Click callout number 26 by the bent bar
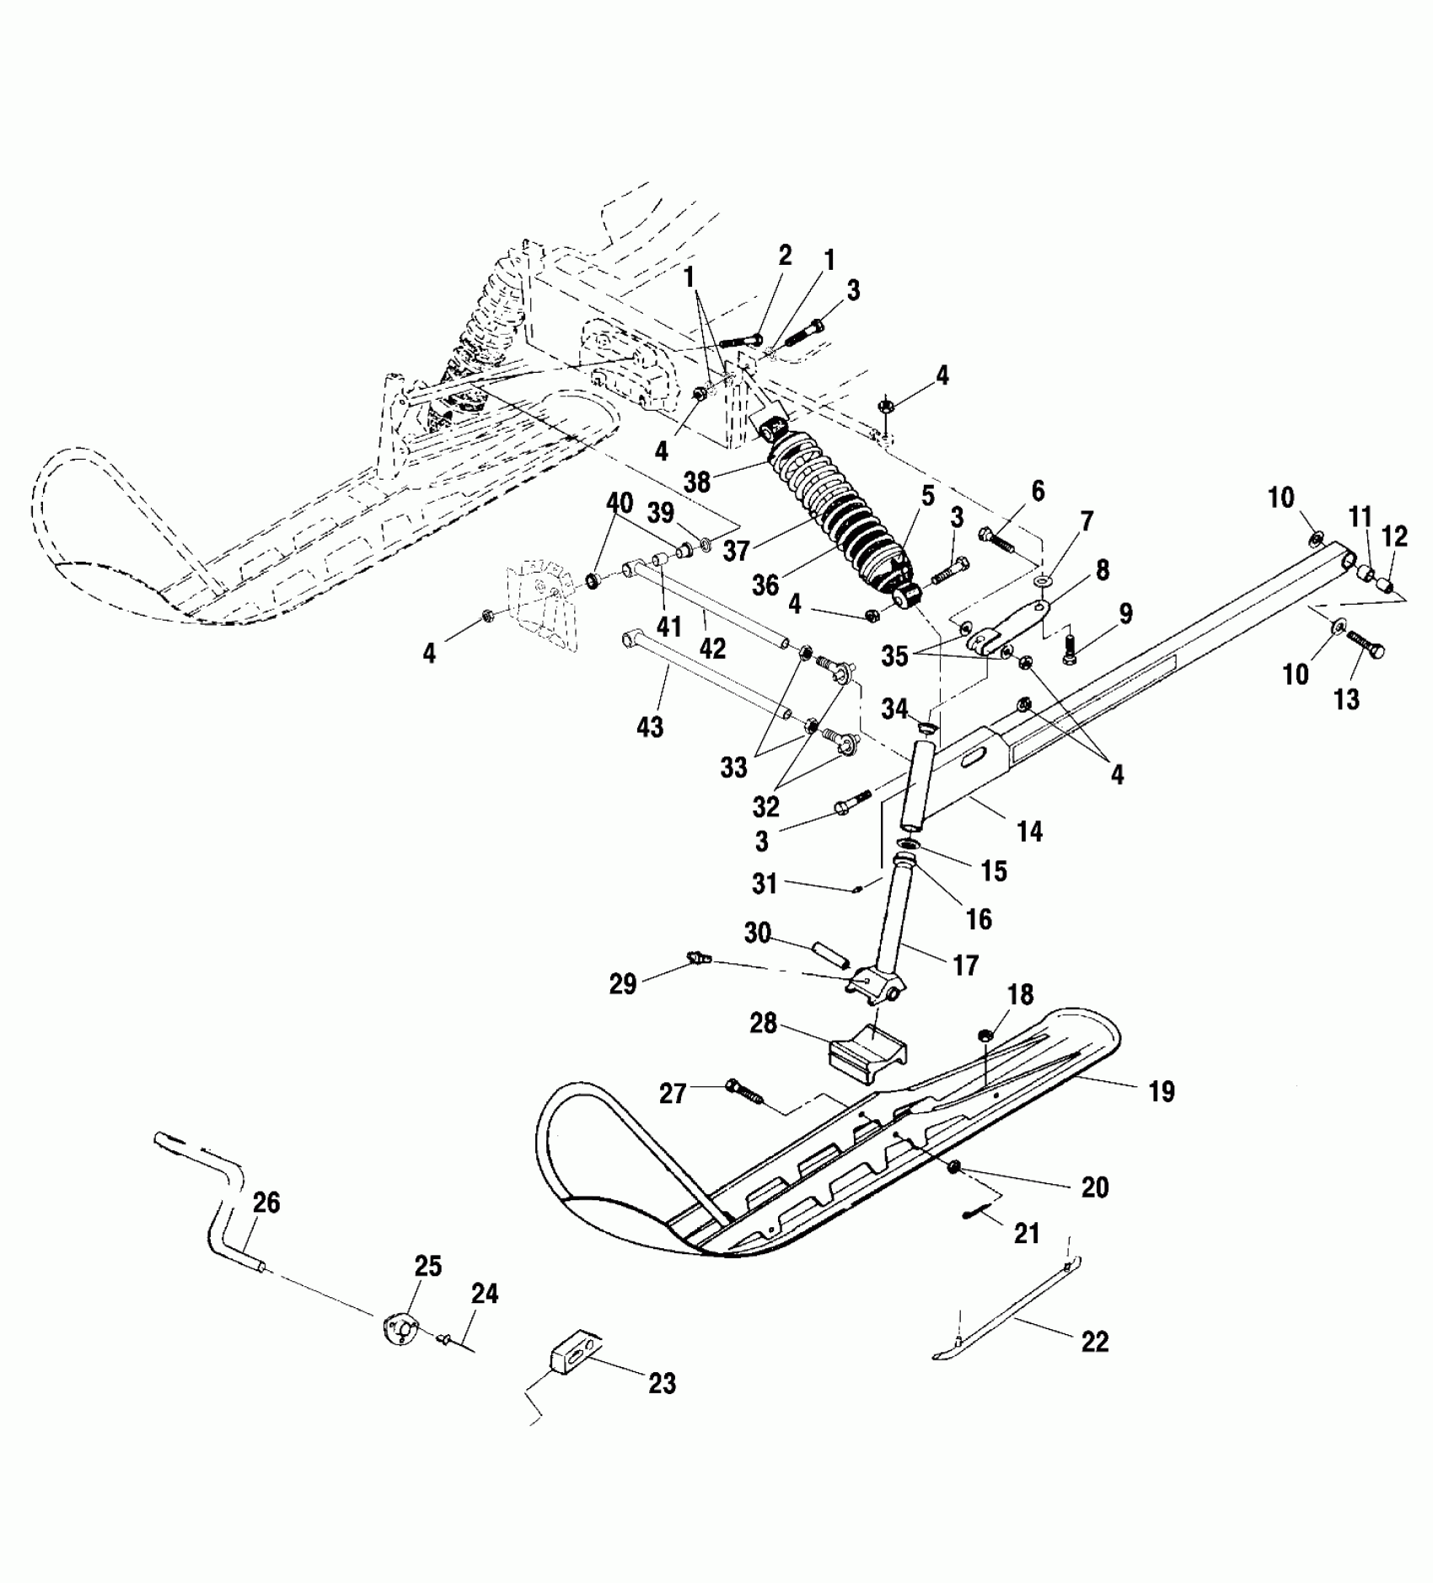click(266, 1203)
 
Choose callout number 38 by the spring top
click(698, 482)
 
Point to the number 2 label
click(786, 256)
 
